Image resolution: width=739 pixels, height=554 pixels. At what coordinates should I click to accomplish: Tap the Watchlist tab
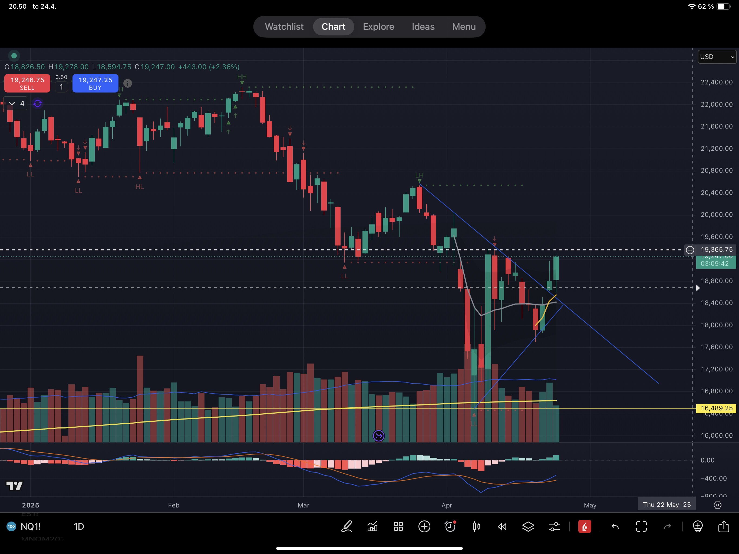[x=284, y=27]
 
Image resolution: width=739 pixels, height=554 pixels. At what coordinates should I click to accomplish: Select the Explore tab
[x=378, y=27]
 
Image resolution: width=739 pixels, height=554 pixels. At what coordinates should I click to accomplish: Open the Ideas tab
[x=423, y=27]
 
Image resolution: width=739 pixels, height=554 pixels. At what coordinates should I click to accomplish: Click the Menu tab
[x=464, y=27]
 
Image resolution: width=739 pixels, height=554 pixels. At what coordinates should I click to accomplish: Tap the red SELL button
[x=27, y=83]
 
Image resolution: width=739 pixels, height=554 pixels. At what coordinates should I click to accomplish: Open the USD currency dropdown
[x=717, y=57]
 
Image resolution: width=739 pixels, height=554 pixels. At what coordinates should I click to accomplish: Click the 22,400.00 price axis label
[x=716, y=82]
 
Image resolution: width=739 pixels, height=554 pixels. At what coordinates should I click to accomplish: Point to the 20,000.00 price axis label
[x=716, y=215]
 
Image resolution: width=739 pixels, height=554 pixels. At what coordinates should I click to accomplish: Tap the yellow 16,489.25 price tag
[x=716, y=408]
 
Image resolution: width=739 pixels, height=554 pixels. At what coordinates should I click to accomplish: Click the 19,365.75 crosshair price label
[x=716, y=250]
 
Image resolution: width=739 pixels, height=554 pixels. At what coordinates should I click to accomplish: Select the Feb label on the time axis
[x=174, y=505]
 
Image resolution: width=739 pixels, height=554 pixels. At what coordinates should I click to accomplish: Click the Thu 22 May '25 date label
[x=667, y=504]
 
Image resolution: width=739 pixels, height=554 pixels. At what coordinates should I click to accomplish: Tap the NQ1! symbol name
[x=31, y=527]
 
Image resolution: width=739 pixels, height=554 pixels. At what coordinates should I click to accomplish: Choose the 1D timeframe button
[x=79, y=527]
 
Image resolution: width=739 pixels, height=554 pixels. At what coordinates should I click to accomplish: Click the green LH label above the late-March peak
[x=419, y=175]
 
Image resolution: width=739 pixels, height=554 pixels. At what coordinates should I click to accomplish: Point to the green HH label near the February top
[x=242, y=77]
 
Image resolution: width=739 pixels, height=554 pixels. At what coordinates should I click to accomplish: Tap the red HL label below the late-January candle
[x=140, y=186]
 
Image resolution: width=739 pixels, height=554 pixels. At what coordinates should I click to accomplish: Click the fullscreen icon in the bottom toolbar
[x=641, y=527]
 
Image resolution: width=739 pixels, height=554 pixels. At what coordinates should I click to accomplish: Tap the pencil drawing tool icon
[x=347, y=527]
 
